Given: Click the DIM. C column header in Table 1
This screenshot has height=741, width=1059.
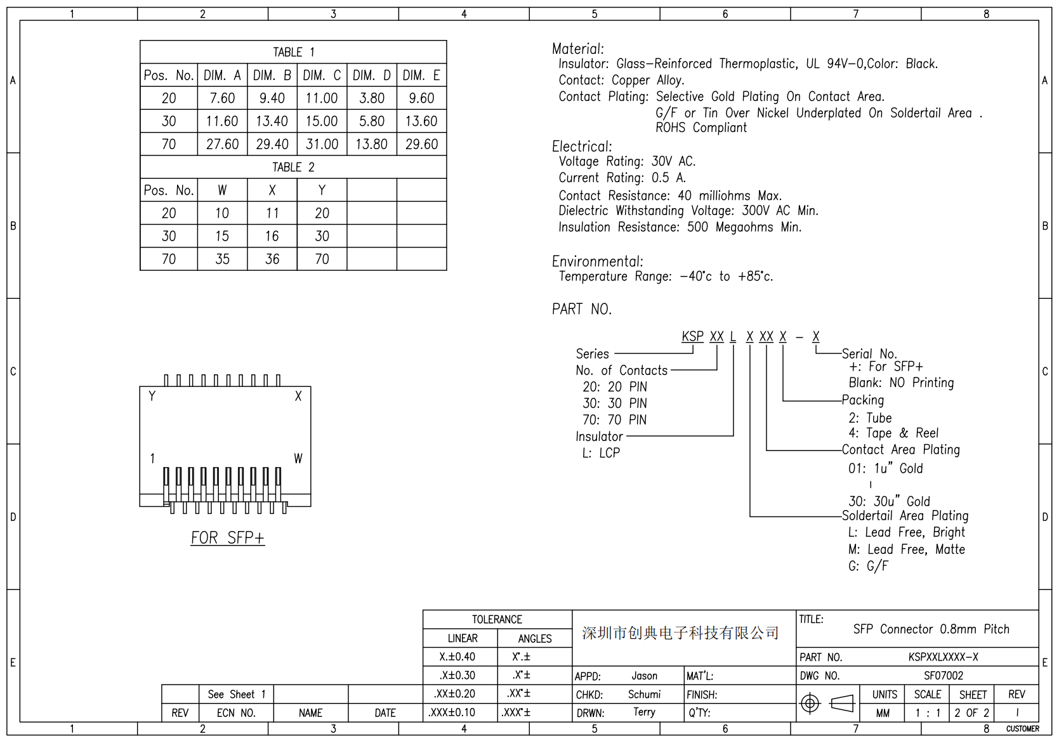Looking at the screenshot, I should pyautogui.click(x=322, y=75).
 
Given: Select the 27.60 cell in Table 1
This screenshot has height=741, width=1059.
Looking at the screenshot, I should pyautogui.click(x=222, y=145).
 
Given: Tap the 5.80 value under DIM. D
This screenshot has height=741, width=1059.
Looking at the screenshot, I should pyautogui.click(x=372, y=121).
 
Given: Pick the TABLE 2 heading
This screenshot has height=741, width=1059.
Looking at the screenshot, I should pyautogui.click(x=293, y=167).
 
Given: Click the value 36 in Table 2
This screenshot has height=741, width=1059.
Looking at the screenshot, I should pyautogui.click(x=272, y=259).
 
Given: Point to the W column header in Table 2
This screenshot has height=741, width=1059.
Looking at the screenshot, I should pyautogui.click(x=222, y=190).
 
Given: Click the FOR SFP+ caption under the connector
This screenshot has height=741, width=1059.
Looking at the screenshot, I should pyautogui.click(x=228, y=538).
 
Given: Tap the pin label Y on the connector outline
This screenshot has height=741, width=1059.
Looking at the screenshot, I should pyautogui.click(x=152, y=397).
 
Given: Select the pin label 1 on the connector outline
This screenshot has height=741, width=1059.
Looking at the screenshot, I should pyautogui.click(x=152, y=458).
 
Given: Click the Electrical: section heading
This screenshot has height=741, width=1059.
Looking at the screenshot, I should pyautogui.click(x=582, y=147).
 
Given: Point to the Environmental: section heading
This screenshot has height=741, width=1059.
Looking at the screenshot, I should pyautogui.click(x=597, y=261).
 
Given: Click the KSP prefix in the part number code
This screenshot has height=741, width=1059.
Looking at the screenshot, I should pyautogui.click(x=692, y=336).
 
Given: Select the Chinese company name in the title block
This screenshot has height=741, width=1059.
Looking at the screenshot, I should pyautogui.click(x=680, y=633).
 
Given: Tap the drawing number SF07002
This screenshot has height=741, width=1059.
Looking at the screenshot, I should pyautogui.click(x=944, y=676).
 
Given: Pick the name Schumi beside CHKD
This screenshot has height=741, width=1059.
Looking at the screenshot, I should pyautogui.click(x=644, y=695).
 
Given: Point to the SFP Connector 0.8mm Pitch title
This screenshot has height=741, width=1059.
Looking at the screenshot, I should pyautogui.click(x=931, y=629).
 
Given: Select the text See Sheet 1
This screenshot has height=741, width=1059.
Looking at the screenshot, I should pyautogui.click(x=236, y=695).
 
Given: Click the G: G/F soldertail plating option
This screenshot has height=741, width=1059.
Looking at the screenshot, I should pyautogui.click(x=868, y=566).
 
